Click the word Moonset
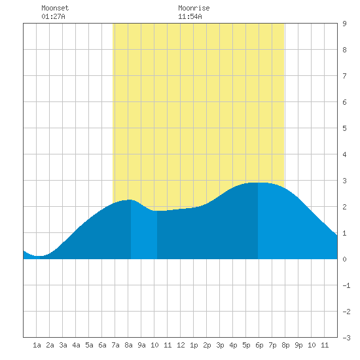tap(55, 8)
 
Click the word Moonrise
tap(194, 8)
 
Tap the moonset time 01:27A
tap(53, 16)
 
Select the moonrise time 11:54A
tap(190, 16)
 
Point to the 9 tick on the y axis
tap(344, 24)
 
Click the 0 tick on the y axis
tap(344, 259)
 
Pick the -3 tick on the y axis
tap(346, 338)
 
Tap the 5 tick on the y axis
tap(344, 128)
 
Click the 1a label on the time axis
tap(37, 345)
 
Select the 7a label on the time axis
tap(115, 345)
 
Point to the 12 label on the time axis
tap(181, 345)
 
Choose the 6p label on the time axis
tap(259, 345)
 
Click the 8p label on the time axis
tap(285, 345)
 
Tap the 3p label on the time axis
tap(220, 345)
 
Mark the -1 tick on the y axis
tap(346, 285)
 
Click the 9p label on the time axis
tap(298, 345)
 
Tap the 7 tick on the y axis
tap(344, 76)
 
